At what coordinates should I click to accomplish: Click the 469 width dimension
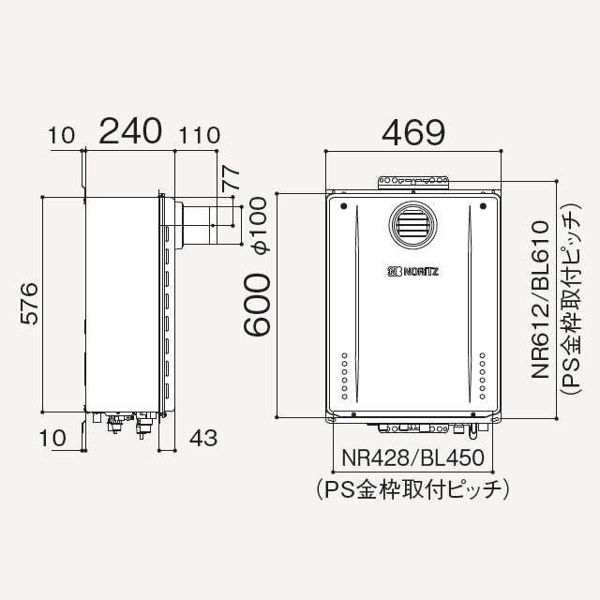click(x=413, y=132)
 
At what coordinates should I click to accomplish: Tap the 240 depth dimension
click(x=130, y=131)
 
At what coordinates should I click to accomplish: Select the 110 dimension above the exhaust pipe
click(x=200, y=135)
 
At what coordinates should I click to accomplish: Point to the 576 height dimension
click(x=29, y=304)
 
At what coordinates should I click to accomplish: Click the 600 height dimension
click(x=257, y=305)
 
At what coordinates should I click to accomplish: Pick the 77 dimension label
click(x=232, y=178)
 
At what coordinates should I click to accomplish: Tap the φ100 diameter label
click(x=258, y=225)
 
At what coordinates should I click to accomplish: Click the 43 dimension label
click(x=203, y=438)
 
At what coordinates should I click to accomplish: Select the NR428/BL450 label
click(x=412, y=457)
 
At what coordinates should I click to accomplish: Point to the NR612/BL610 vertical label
click(x=540, y=300)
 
